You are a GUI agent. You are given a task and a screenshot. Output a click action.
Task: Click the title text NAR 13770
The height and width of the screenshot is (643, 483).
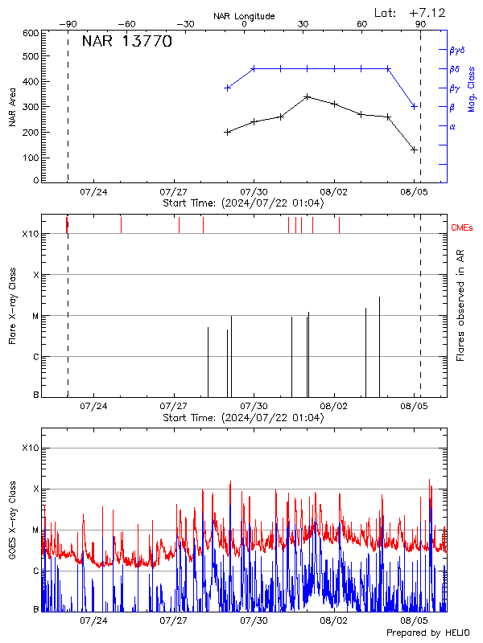126,43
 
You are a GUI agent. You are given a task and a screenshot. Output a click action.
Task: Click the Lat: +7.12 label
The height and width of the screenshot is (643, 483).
409,13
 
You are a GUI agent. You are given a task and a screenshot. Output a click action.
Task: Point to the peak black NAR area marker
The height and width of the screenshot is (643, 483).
307,96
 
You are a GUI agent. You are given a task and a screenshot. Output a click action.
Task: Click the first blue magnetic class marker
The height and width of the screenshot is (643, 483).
228,88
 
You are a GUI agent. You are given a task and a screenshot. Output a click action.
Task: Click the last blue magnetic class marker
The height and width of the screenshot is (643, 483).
414,106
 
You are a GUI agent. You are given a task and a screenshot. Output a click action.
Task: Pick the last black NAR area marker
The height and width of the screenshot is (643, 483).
414,149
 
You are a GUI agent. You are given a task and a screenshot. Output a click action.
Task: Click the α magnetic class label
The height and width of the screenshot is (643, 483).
452,126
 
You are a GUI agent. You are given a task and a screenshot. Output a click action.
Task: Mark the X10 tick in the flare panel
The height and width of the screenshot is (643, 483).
30,234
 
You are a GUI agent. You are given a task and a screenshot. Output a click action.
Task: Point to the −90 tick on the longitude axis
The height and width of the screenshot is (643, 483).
69,24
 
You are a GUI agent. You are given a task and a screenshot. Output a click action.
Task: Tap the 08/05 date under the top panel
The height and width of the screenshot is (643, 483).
414,192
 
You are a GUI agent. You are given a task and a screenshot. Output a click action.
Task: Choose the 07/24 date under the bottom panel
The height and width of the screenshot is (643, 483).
94,620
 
